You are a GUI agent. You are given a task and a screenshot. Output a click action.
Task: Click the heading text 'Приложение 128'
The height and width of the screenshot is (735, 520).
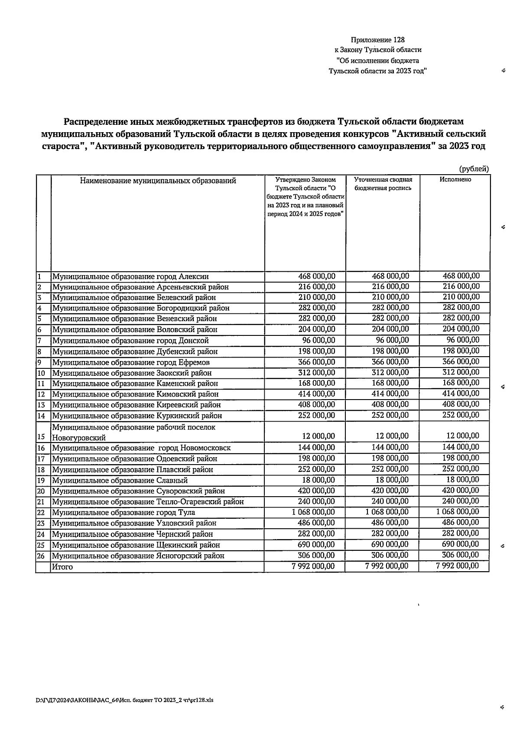click(x=377, y=40)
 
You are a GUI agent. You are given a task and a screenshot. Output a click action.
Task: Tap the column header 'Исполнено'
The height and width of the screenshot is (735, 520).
click(x=455, y=179)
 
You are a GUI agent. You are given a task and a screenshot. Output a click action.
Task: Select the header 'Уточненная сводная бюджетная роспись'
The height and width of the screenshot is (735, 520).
click(x=383, y=184)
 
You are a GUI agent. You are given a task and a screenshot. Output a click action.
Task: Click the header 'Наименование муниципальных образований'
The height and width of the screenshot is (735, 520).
click(x=158, y=181)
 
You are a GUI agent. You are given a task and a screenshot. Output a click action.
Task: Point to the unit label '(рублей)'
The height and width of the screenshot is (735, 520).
click(x=474, y=169)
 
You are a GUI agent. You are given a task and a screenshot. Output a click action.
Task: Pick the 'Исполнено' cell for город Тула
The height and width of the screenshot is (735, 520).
click(x=458, y=512)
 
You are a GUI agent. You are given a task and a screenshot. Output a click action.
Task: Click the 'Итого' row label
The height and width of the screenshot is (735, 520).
click(x=62, y=567)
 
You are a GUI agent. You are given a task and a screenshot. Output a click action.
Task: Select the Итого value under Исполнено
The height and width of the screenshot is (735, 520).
click(x=458, y=566)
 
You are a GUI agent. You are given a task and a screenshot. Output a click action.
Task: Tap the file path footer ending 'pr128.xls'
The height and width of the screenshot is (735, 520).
click(x=125, y=700)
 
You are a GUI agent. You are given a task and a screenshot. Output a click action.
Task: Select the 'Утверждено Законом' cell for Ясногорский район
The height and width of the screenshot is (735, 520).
click(x=316, y=555)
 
